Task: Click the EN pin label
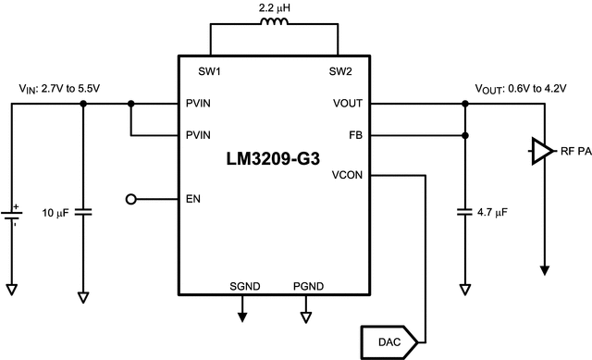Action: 193,199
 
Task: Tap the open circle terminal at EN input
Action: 131,199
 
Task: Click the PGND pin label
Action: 307,286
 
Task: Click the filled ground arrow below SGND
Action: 243,316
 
